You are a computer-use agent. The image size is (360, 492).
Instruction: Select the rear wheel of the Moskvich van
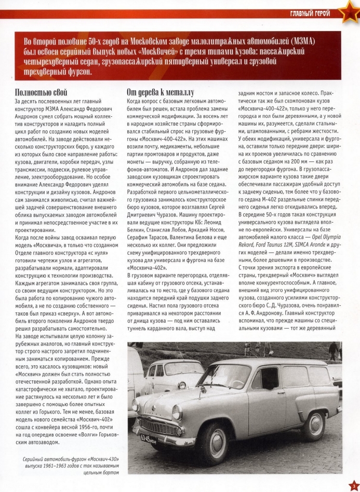coord(314,425)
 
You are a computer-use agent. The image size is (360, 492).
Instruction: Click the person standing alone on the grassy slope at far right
coord(332,351)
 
